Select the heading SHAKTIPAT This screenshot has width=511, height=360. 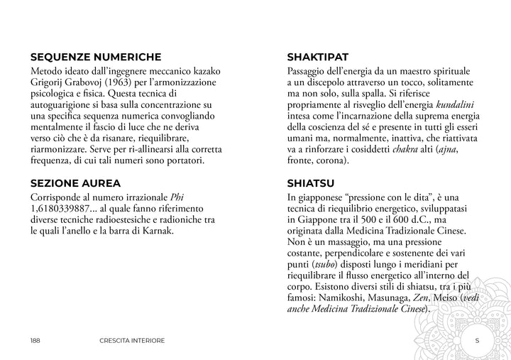pos(317,58)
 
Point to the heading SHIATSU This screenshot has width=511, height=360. pos(309,182)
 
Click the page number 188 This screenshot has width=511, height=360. pos(35,340)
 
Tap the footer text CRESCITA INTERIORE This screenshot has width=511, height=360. pos(132,340)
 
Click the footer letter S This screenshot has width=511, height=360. pos(477,340)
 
